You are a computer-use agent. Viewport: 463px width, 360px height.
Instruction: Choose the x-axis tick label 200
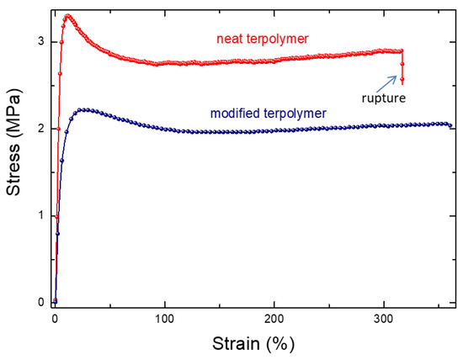pos(274,320)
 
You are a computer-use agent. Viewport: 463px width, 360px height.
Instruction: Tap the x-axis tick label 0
pos(55,320)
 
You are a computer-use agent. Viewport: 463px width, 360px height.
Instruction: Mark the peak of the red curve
pos(68,15)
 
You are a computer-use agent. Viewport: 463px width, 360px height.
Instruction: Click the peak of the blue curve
pos(82,109)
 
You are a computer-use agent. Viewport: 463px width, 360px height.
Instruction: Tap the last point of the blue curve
pos(450,125)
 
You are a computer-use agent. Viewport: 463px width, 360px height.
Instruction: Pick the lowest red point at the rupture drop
pos(402,80)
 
